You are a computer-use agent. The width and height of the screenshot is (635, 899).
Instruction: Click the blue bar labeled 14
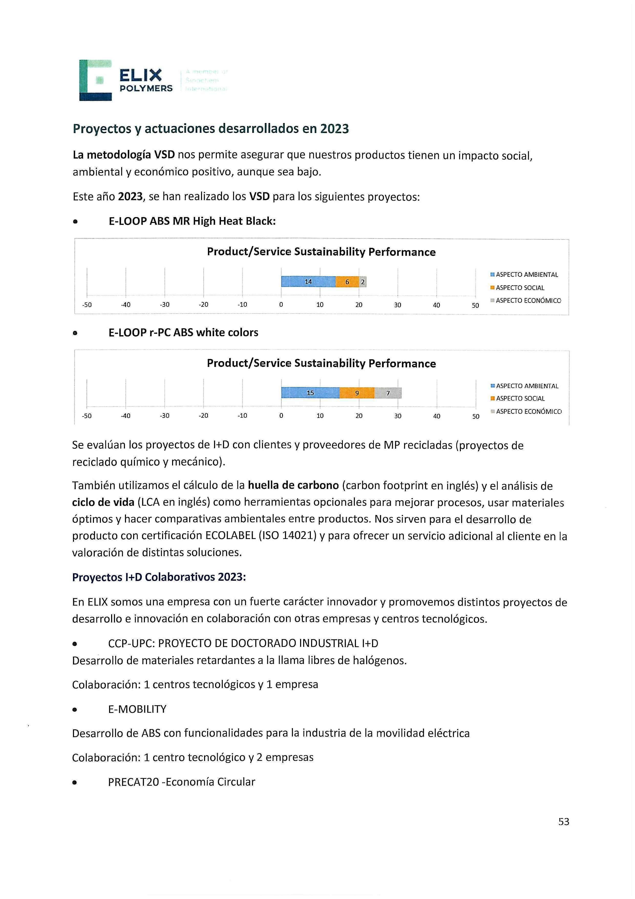pyautogui.click(x=308, y=282)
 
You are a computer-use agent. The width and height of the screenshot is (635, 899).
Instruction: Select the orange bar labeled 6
pyautogui.click(x=347, y=282)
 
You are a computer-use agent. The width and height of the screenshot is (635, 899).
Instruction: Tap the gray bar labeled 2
pyautogui.click(x=363, y=282)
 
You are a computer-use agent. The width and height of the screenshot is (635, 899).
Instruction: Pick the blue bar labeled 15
pyautogui.click(x=310, y=393)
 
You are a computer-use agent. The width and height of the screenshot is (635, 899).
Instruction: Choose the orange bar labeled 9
pyautogui.click(x=357, y=393)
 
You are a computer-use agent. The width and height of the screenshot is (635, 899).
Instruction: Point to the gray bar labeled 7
pyautogui.click(x=388, y=393)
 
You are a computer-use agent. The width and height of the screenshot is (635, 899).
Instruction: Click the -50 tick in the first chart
pyautogui.click(x=87, y=305)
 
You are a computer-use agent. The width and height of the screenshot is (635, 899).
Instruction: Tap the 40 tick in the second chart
pyautogui.click(x=437, y=416)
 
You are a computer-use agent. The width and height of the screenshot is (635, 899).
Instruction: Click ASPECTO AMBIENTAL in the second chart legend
pyautogui.click(x=527, y=386)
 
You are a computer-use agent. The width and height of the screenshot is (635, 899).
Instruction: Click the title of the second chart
pyautogui.click(x=321, y=363)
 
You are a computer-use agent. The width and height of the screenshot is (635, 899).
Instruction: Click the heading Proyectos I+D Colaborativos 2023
pyautogui.click(x=159, y=577)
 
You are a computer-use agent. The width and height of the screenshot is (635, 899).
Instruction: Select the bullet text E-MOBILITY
pyautogui.click(x=137, y=709)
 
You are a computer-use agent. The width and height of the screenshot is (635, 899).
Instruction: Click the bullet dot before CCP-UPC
pyautogui.click(x=75, y=644)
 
